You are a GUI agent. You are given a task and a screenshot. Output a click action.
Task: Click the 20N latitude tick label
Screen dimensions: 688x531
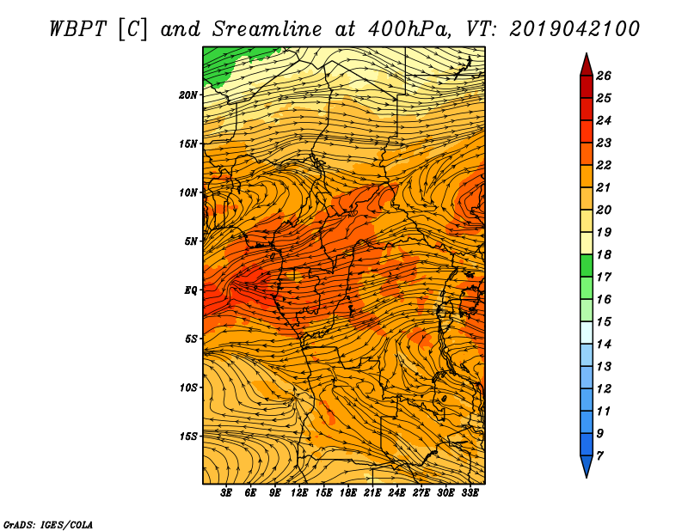(188, 95)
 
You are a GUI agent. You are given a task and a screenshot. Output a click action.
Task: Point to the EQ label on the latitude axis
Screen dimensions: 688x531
(191, 290)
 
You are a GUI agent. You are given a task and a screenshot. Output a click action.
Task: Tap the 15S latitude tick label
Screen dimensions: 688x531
(188, 436)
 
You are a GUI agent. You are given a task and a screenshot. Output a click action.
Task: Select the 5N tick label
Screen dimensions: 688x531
(191, 241)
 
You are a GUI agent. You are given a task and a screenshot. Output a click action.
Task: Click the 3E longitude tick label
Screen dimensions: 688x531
(225, 492)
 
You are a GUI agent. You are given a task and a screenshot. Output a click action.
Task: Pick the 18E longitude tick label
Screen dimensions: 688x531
(347, 492)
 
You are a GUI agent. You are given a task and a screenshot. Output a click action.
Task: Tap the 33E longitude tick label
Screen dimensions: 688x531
(470, 492)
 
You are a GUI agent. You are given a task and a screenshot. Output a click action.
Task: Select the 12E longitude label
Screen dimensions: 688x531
(298, 492)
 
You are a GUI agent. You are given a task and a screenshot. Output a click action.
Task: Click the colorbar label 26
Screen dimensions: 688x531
(604, 76)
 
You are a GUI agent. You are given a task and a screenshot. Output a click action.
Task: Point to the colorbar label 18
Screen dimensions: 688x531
(604, 254)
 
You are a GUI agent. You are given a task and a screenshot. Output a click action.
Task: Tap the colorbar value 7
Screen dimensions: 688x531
(599, 456)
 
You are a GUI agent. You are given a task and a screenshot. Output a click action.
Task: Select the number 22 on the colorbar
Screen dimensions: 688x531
(604, 165)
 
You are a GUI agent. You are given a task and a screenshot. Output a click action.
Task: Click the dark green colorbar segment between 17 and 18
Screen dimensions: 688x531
(587, 265)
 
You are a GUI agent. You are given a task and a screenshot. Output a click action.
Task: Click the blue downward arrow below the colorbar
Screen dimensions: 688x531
(587, 466)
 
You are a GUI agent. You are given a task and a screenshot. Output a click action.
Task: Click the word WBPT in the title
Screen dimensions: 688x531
(77, 29)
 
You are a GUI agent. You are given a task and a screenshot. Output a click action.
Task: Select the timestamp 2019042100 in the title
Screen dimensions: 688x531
(574, 29)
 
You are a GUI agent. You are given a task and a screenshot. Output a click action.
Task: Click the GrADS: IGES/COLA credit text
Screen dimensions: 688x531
(48, 525)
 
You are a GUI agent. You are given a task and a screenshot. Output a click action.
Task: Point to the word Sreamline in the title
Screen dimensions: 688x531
(267, 29)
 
